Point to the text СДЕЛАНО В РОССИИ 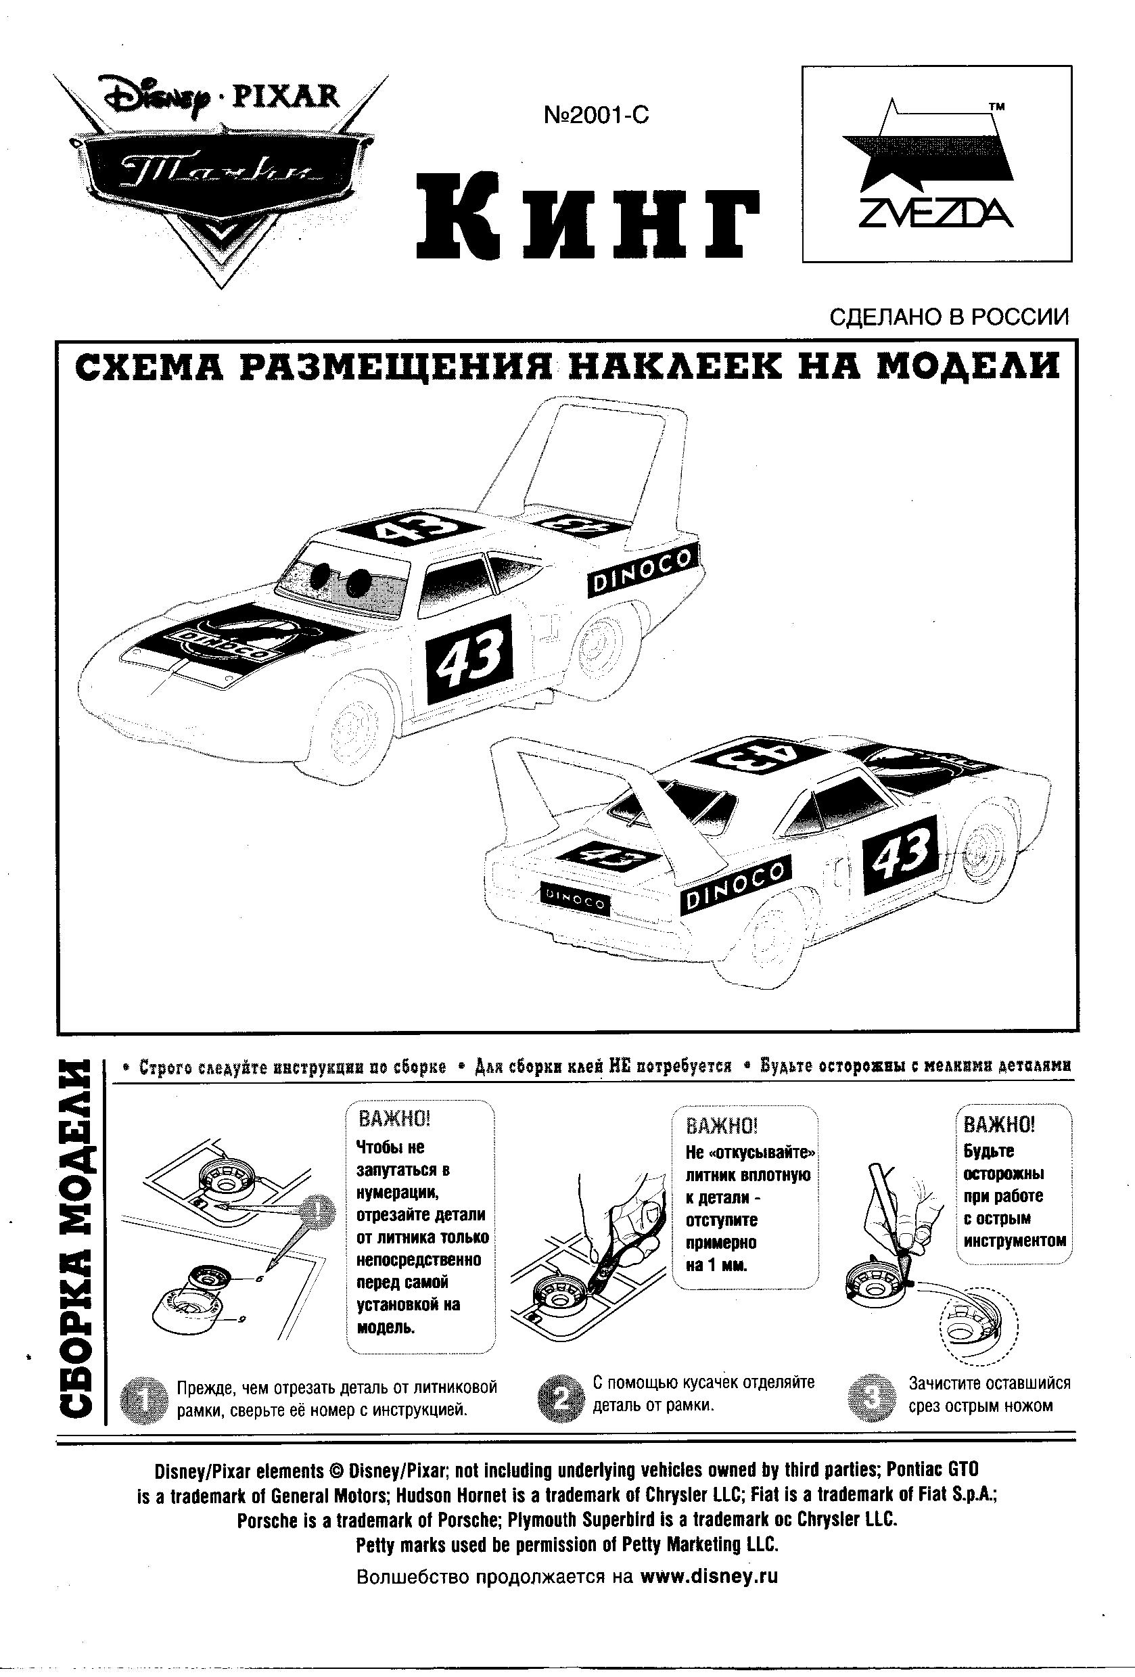pyautogui.click(x=950, y=317)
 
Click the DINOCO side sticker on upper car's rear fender pyautogui.click(x=641, y=571)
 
